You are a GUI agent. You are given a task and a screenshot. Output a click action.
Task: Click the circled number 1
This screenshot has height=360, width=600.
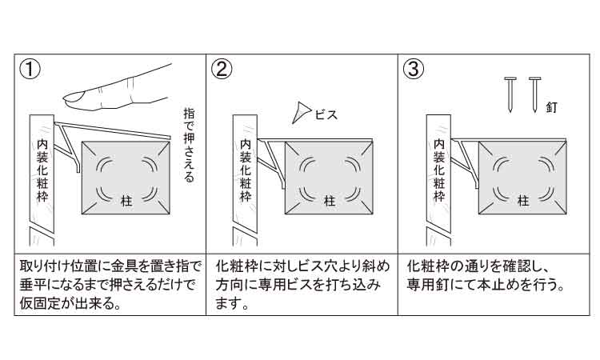tap(30, 70)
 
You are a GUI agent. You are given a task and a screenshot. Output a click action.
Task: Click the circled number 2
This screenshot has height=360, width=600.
tap(222, 70)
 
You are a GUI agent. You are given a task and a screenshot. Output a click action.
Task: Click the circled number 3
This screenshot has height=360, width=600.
tap(414, 70)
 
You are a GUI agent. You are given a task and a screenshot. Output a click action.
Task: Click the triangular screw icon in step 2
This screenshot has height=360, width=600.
tap(300, 112)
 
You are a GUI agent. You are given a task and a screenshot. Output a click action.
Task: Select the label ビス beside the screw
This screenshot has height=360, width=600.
tap(326, 114)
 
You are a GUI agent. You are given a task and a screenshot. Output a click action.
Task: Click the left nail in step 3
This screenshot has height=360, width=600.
tap(510, 94)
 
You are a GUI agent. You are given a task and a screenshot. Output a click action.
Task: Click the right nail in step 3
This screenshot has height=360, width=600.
tap(534, 94)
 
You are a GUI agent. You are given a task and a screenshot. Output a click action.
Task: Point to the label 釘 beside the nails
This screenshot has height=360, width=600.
tap(551, 107)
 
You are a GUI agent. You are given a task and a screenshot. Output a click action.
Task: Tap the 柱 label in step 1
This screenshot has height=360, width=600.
tap(126, 201)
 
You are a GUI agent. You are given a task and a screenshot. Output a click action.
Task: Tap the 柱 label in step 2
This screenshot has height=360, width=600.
tap(330, 201)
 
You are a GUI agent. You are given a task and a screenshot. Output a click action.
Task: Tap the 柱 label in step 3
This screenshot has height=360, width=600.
tap(523, 201)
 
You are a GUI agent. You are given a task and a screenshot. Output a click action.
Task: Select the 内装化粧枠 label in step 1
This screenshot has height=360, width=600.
tap(42, 170)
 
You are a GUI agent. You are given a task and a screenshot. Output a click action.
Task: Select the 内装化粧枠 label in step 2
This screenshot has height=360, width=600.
tap(246, 170)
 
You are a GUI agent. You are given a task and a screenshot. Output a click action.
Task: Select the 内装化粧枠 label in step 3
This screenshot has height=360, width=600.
tap(439, 170)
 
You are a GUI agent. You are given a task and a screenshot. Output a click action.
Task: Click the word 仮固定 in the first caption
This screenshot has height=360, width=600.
tap(38, 303)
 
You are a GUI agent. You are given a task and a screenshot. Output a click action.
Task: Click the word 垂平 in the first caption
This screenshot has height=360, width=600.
tap(32, 285)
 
